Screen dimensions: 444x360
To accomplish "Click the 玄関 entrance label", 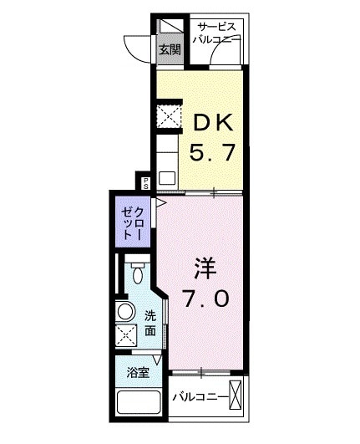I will [170, 48].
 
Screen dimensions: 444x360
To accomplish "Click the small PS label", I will [145, 181].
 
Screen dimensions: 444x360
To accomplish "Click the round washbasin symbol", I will [126, 312].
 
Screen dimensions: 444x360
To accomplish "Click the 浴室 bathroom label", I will [138, 373].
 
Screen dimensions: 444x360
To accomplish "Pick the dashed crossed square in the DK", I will [170, 116].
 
